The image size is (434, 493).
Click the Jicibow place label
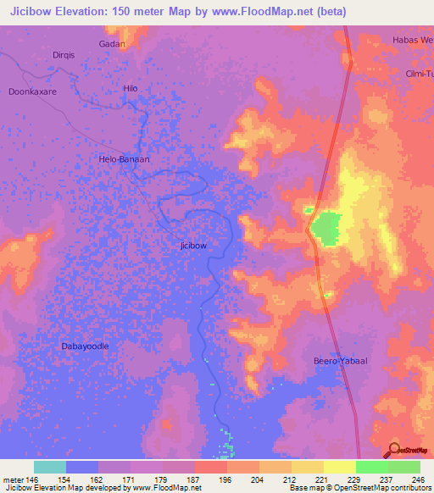[x=193, y=245]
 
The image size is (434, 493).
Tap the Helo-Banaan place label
[x=125, y=158]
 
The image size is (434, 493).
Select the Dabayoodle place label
[x=85, y=346]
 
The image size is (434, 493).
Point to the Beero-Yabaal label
[x=338, y=360]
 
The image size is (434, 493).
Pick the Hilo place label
[x=130, y=88]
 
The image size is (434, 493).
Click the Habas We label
[x=412, y=40]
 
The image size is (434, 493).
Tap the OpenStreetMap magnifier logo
[x=395, y=450]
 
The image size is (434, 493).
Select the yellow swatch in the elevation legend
[x=307, y=467]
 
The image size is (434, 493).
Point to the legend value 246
[x=416, y=479]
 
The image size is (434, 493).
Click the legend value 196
[x=224, y=479]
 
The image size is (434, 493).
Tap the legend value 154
[x=63, y=479]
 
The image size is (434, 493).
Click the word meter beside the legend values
[x=14, y=479]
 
